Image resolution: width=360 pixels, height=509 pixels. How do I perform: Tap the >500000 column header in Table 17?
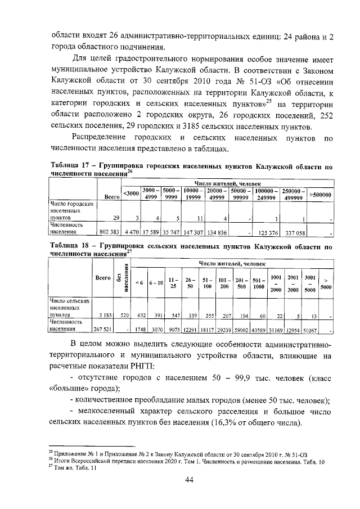click(x=322, y=195)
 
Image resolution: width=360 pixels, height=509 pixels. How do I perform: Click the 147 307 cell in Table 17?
click(x=193, y=231)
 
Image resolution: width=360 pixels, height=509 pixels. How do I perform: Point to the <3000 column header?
click(x=130, y=195)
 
